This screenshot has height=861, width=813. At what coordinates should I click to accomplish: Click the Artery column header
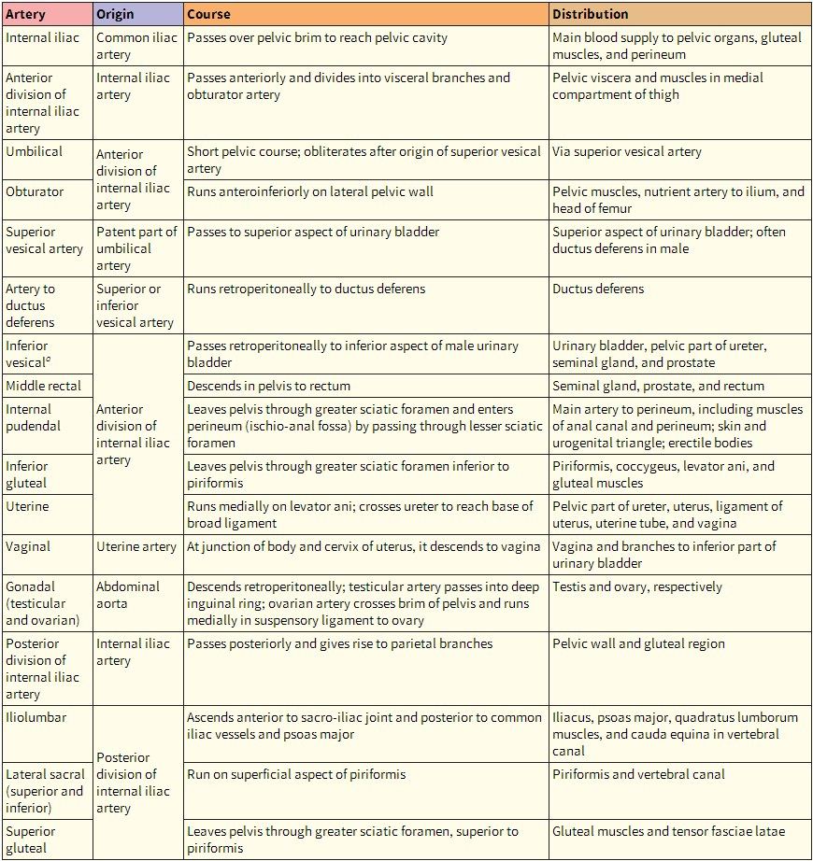click(25, 15)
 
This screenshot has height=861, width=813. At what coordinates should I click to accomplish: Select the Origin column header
click(115, 15)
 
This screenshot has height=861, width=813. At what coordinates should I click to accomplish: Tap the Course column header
click(208, 15)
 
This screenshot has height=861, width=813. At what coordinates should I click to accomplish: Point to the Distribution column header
click(590, 15)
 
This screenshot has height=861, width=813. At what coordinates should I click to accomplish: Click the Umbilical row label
click(34, 151)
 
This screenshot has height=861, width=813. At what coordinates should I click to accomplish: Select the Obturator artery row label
click(35, 191)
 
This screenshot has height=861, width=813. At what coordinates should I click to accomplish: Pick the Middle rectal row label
click(43, 386)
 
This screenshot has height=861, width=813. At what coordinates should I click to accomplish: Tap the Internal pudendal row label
click(33, 417)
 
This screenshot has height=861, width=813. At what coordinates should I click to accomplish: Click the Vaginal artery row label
click(28, 546)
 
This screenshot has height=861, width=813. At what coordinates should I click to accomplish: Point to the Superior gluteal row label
click(31, 840)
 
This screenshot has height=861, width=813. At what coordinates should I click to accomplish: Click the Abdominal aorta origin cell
click(128, 595)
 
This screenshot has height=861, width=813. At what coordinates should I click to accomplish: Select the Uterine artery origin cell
click(136, 546)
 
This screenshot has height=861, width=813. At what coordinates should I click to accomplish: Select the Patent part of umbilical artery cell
click(136, 248)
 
